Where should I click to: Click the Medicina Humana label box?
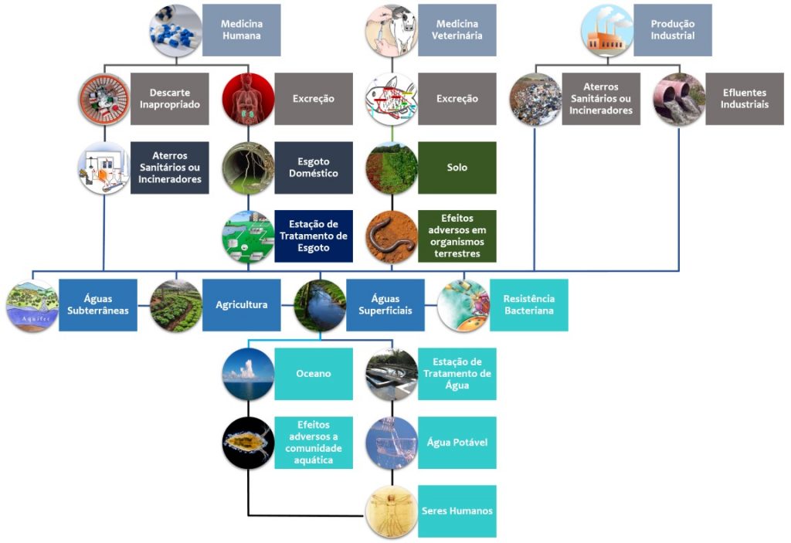click(241, 30)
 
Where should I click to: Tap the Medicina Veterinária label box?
click(457, 30)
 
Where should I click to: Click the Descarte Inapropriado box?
click(170, 99)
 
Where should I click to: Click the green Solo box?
click(457, 168)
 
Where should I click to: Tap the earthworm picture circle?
click(391, 236)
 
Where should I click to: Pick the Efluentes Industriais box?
click(745, 99)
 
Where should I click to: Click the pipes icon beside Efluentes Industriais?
click(679, 100)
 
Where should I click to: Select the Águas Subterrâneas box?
click(98, 305)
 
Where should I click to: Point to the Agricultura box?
click(242, 305)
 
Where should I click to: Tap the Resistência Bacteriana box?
click(529, 305)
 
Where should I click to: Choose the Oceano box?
click(314, 374)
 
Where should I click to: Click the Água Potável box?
click(457, 443)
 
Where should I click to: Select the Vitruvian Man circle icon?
click(391, 511)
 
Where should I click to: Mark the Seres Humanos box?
click(457, 511)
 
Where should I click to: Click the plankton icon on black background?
click(248, 443)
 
